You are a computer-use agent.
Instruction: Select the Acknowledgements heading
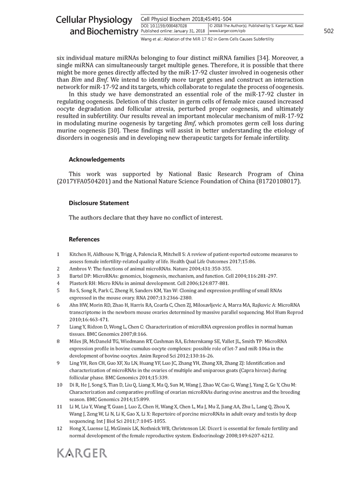pos(96,160)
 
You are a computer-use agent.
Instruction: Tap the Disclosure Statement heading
pos(99,203)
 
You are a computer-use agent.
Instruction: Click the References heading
pos(84,239)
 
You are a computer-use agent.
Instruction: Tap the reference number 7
pos(59,327)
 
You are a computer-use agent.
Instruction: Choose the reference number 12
pos(59,428)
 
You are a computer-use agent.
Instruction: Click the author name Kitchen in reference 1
pos(79,254)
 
